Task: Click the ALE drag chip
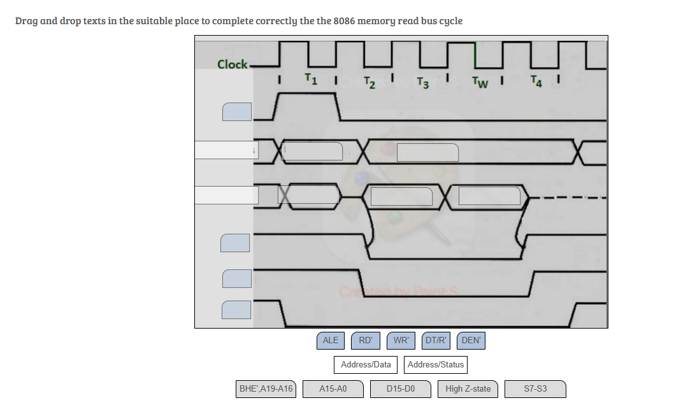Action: click(x=331, y=341)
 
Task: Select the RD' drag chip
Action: click(x=366, y=341)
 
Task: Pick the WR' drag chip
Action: click(x=401, y=341)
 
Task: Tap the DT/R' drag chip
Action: click(x=436, y=341)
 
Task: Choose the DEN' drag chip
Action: click(x=471, y=341)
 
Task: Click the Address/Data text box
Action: click(x=366, y=365)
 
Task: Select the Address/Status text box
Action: click(x=436, y=365)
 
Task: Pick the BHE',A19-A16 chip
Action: click(x=266, y=389)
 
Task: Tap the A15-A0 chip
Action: click(x=333, y=389)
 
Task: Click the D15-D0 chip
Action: click(x=401, y=389)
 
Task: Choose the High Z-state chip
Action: click(x=468, y=389)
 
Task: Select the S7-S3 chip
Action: click(x=535, y=389)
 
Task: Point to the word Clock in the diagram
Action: click(x=232, y=64)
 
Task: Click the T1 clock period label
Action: click(x=311, y=79)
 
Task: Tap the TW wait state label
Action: click(x=480, y=82)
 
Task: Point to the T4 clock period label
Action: click(x=536, y=81)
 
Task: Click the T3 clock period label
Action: click(x=423, y=83)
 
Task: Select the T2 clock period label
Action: click(x=369, y=83)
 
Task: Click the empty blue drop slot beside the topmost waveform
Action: click(x=237, y=111)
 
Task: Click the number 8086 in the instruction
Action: click(x=344, y=20)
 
